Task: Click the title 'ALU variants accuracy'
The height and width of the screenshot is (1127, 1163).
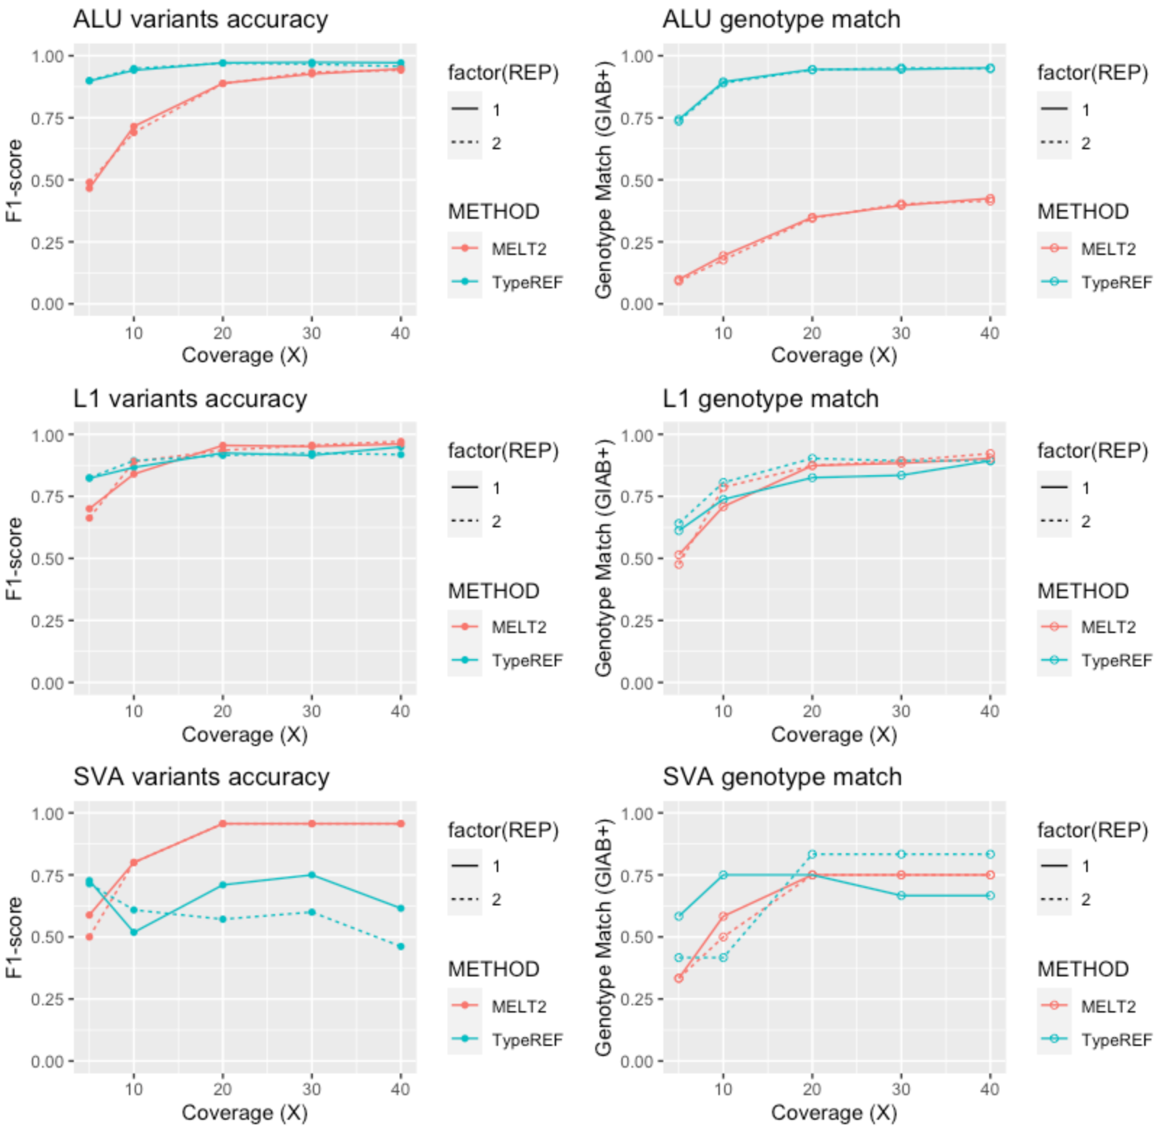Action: coord(201,20)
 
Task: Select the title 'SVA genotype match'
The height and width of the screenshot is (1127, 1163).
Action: coord(782,777)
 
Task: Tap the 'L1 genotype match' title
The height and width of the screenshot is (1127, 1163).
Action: coord(771,399)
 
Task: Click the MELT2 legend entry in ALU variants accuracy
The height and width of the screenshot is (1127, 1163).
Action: coord(518,249)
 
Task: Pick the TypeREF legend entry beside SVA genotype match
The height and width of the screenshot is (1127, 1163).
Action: coord(1116,1040)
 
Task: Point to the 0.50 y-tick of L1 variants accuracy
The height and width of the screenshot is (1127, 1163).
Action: coord(47,559)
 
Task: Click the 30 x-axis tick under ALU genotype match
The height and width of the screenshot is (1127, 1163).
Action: coord(901,333)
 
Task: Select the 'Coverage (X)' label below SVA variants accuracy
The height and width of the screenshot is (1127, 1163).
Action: coord(245,1113)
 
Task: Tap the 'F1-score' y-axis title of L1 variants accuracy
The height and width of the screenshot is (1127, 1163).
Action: coord(14,558)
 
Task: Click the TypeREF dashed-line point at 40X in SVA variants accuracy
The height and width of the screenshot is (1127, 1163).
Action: coord(400,947)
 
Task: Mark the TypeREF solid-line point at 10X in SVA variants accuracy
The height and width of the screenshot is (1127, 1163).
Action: coord(133,932)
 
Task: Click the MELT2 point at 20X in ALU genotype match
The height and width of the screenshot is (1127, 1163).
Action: coord(812,218)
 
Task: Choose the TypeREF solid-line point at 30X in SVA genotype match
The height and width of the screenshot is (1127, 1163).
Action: coord(901,896)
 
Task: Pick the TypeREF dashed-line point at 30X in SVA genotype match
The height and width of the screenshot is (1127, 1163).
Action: coord(901,855)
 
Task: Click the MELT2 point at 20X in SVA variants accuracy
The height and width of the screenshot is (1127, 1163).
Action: coord(222,824)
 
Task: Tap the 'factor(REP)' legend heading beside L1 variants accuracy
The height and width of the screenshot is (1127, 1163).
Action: coord(503,451)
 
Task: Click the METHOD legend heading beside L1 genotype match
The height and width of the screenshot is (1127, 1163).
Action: coord(1083,591)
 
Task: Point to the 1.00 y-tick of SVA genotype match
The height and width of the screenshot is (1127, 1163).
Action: coord(637,813)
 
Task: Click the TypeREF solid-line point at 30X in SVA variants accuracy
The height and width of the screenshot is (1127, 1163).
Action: coord(311,875)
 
